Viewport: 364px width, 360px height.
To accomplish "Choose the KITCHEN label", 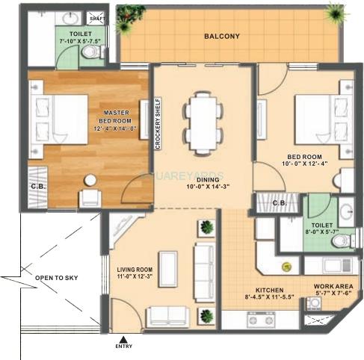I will [268, 288].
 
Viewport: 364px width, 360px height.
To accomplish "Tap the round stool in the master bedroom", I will [90, 180].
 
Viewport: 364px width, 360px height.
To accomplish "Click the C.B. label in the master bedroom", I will [37, 186].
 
